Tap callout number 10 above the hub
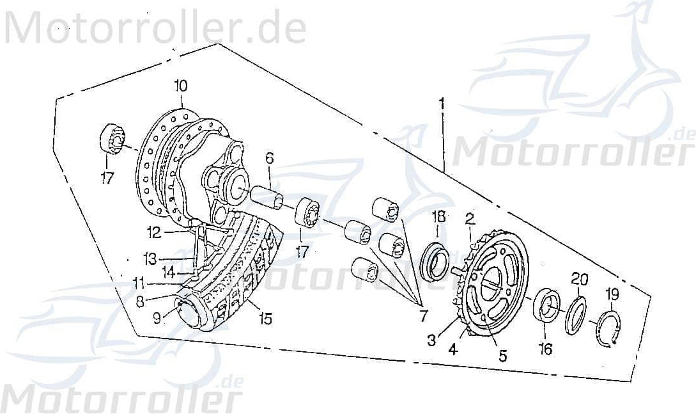180,86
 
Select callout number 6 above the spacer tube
269,158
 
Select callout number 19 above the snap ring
612,294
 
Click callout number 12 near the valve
153,231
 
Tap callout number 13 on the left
150,259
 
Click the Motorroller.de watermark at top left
153,29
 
